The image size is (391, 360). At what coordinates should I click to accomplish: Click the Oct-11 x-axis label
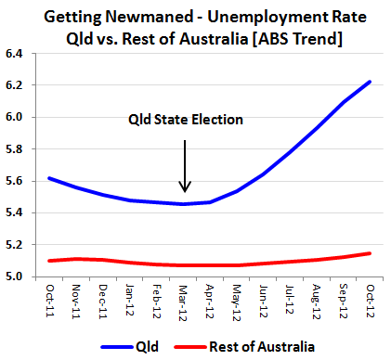[x=51, y=299]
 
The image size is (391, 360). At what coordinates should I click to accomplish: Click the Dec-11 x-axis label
[x=104, y=299]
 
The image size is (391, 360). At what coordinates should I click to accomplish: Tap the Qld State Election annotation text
[x=185, y=120]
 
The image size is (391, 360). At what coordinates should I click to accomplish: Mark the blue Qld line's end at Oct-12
[x=371, y=82]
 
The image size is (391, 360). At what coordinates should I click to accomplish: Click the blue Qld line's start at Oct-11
[x=48, y=177]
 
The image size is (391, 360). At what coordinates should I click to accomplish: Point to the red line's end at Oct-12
[x=371, y=252]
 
